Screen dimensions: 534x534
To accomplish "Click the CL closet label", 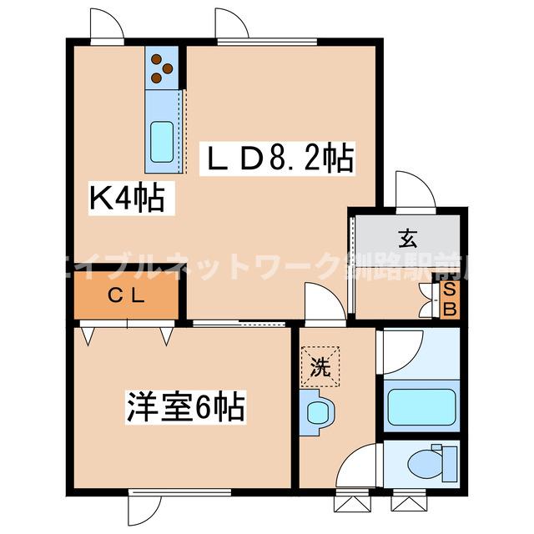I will pos(127,295).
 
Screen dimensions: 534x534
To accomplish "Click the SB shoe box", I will pos(448,299).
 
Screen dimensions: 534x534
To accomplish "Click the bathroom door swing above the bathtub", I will pos(399,349).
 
